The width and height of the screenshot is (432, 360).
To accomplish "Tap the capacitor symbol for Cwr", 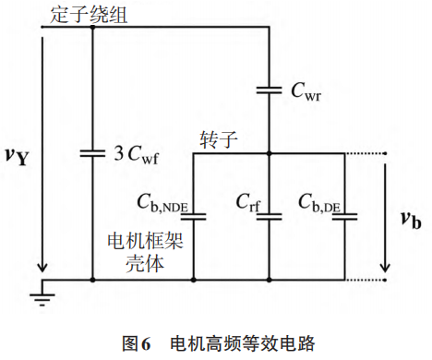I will pos(268,90).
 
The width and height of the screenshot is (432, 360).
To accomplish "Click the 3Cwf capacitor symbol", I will pos(93,153).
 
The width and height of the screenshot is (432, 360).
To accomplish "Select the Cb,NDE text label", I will pos(162,203).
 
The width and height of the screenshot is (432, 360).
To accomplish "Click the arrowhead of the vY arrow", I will pos(42,269).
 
